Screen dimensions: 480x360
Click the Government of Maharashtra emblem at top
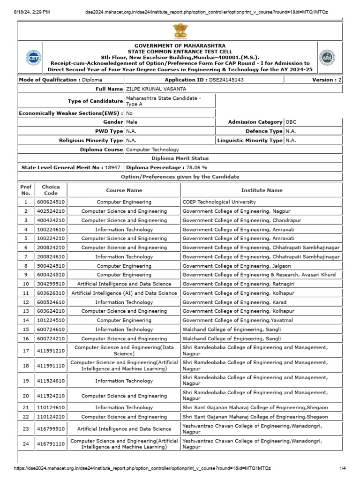180,31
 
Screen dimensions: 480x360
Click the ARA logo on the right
327,58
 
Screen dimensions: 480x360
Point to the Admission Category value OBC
291,122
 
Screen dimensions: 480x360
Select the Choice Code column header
51,190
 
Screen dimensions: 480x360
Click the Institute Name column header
262,190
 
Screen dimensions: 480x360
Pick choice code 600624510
51,202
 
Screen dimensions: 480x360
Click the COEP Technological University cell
219,202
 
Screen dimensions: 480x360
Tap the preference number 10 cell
25,284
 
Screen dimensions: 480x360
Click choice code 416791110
51,444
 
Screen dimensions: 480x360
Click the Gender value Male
132,122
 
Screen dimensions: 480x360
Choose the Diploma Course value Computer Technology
152,150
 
